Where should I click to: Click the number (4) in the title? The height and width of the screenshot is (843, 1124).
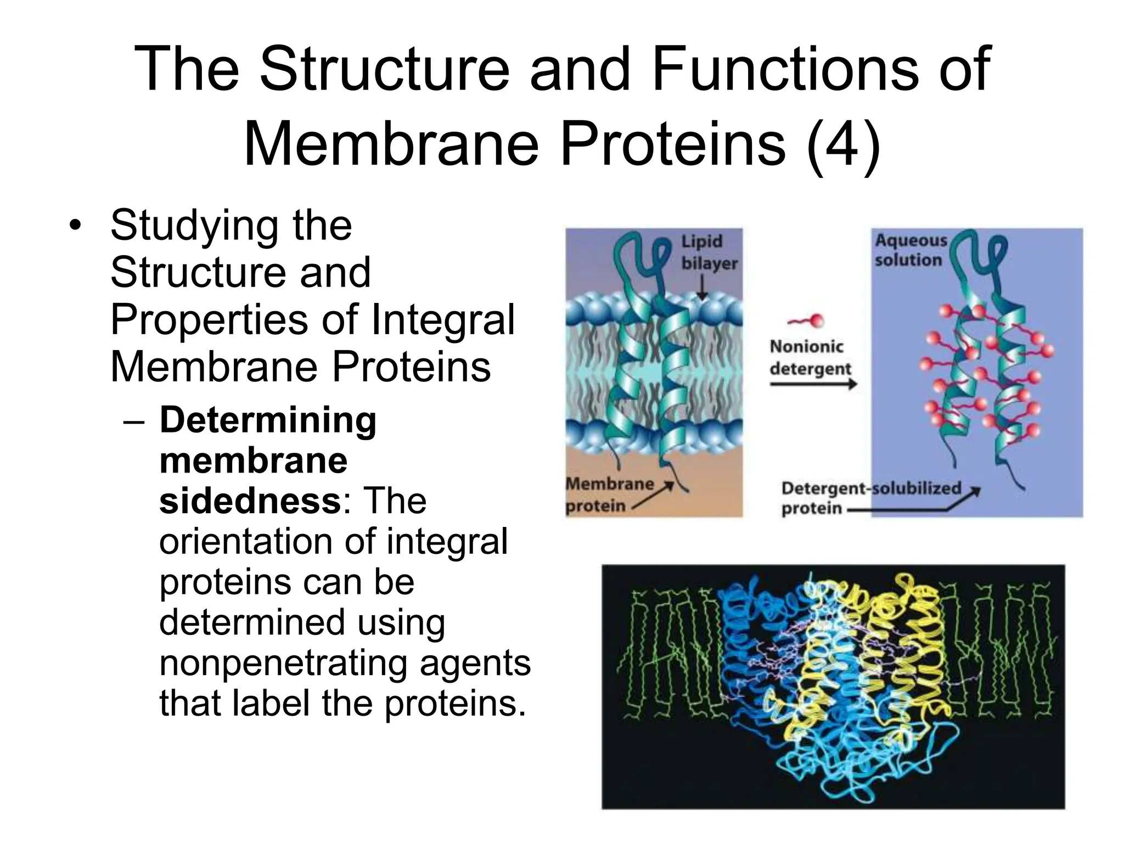[844, 144]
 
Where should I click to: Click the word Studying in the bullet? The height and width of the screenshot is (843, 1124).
[194, 226]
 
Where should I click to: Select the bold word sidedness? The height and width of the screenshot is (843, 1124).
[250, 501]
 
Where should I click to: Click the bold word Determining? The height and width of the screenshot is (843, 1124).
[268, 420]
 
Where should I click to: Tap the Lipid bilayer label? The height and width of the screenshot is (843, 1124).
[709, 252]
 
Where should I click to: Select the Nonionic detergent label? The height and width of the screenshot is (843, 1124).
[810, 357]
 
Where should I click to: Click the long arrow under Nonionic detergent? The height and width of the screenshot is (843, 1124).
[813, 385]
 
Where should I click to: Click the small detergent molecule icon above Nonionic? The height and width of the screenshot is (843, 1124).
[806, 321]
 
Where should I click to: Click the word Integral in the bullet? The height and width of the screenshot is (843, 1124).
[443, 320]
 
